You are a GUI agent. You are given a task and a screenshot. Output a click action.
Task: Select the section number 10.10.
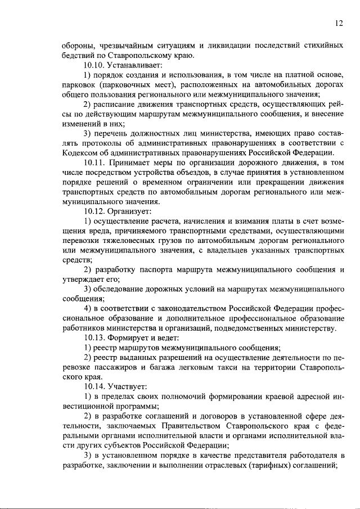pos(94,65)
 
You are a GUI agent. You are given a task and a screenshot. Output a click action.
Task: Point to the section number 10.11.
pos(94,163)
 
